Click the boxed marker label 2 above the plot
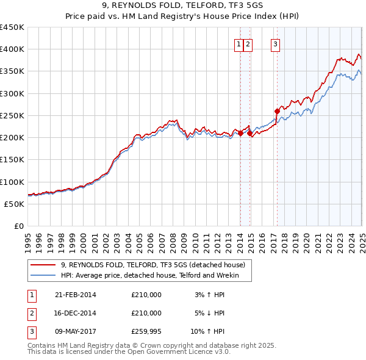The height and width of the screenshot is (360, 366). click(x=249, y=44)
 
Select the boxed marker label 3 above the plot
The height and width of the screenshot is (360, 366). click(x=276, y=44)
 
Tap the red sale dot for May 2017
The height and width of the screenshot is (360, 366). click(x=277, y=111)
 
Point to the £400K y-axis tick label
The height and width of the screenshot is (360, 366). click(x=12, y=49)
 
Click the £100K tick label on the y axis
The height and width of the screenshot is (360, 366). click(x=12, y=182)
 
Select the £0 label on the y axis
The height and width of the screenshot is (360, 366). click(x=20, y=226)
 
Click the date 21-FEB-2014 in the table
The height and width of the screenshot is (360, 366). click(x=76, y=295)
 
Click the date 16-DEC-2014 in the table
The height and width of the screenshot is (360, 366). click(x=76, y=313)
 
